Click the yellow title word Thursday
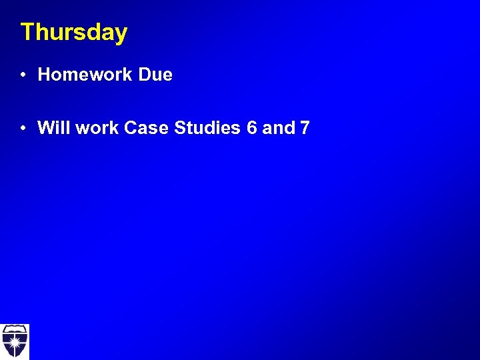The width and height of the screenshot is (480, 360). pos(73,33)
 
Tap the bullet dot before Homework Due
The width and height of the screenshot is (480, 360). pos(23,75)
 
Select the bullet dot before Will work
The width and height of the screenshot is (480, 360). pos(23,127)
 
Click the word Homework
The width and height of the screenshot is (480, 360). pos(85,75)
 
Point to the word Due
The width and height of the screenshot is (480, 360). pos(155,75)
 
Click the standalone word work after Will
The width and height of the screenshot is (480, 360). pos(98,127)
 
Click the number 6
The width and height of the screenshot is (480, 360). pos(251,127)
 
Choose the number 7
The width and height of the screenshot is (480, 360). pos(305,127)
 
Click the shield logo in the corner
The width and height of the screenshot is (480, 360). pos(14,341)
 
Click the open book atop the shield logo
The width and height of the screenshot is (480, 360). pos(14,330)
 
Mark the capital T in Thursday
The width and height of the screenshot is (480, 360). pos(27,32)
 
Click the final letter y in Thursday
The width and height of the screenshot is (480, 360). pos(121,35)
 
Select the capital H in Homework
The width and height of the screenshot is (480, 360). pos(45,75)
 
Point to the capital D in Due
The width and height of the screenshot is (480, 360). pos(145,75)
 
